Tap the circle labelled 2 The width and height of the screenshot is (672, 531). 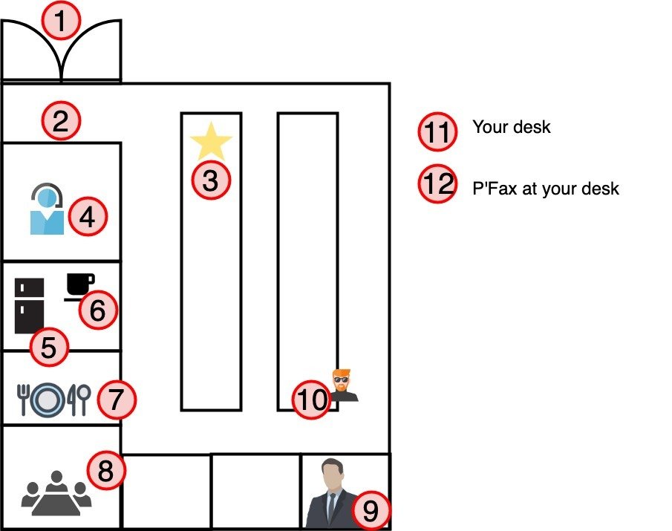[61, 120]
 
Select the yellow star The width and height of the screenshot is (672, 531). [212, 141]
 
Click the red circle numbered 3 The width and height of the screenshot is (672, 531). [212, 180]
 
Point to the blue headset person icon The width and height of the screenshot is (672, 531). [45, 210]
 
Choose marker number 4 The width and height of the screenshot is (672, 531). [88, 218]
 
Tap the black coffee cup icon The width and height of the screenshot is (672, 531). [79, 286]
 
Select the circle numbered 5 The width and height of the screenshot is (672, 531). [48, 347]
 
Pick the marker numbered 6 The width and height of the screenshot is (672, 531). [98, 310]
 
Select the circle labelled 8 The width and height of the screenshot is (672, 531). [106, 470]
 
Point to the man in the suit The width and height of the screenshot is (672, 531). [330, 494]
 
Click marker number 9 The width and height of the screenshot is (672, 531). [371, 509]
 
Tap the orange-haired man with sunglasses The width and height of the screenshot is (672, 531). [342, 385]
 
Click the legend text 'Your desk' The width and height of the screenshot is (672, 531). [512, 127]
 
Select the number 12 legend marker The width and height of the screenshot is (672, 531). [437, 184]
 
